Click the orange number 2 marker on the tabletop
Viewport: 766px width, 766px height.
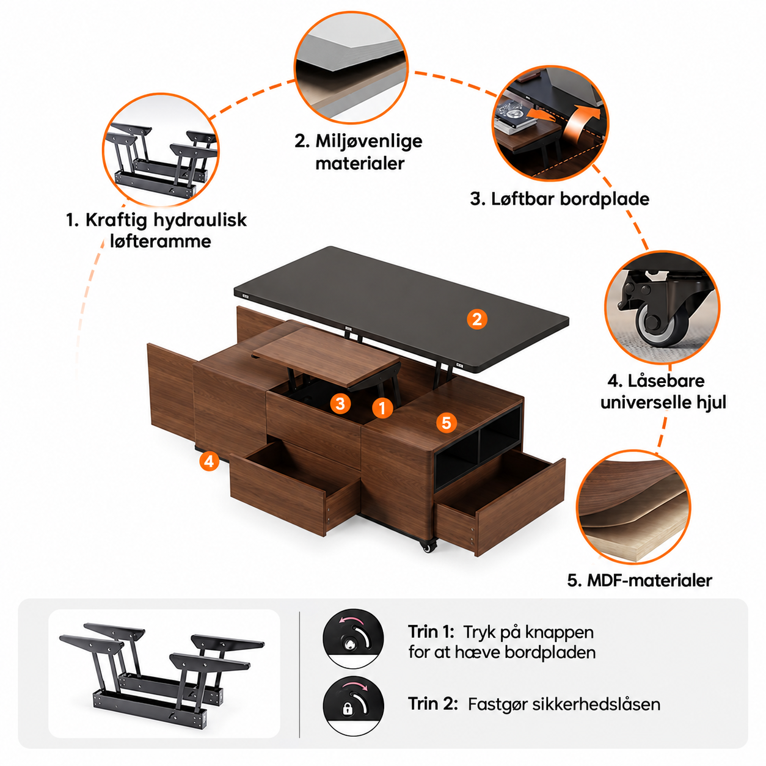(x=476, y=319)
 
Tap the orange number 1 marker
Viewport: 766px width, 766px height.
(x=382, y=408)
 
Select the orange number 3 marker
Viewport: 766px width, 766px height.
(x=340, y=404)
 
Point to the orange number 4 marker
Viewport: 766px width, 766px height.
(x=209, y=462)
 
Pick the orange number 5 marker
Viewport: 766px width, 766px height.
(x=447, y=423)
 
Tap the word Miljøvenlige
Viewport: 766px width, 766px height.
(x=368, y=142)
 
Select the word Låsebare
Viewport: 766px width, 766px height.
(x=666, y=381)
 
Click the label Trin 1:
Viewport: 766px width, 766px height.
(x=431, y=632)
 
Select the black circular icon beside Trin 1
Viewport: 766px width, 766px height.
(x=353, y=639)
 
